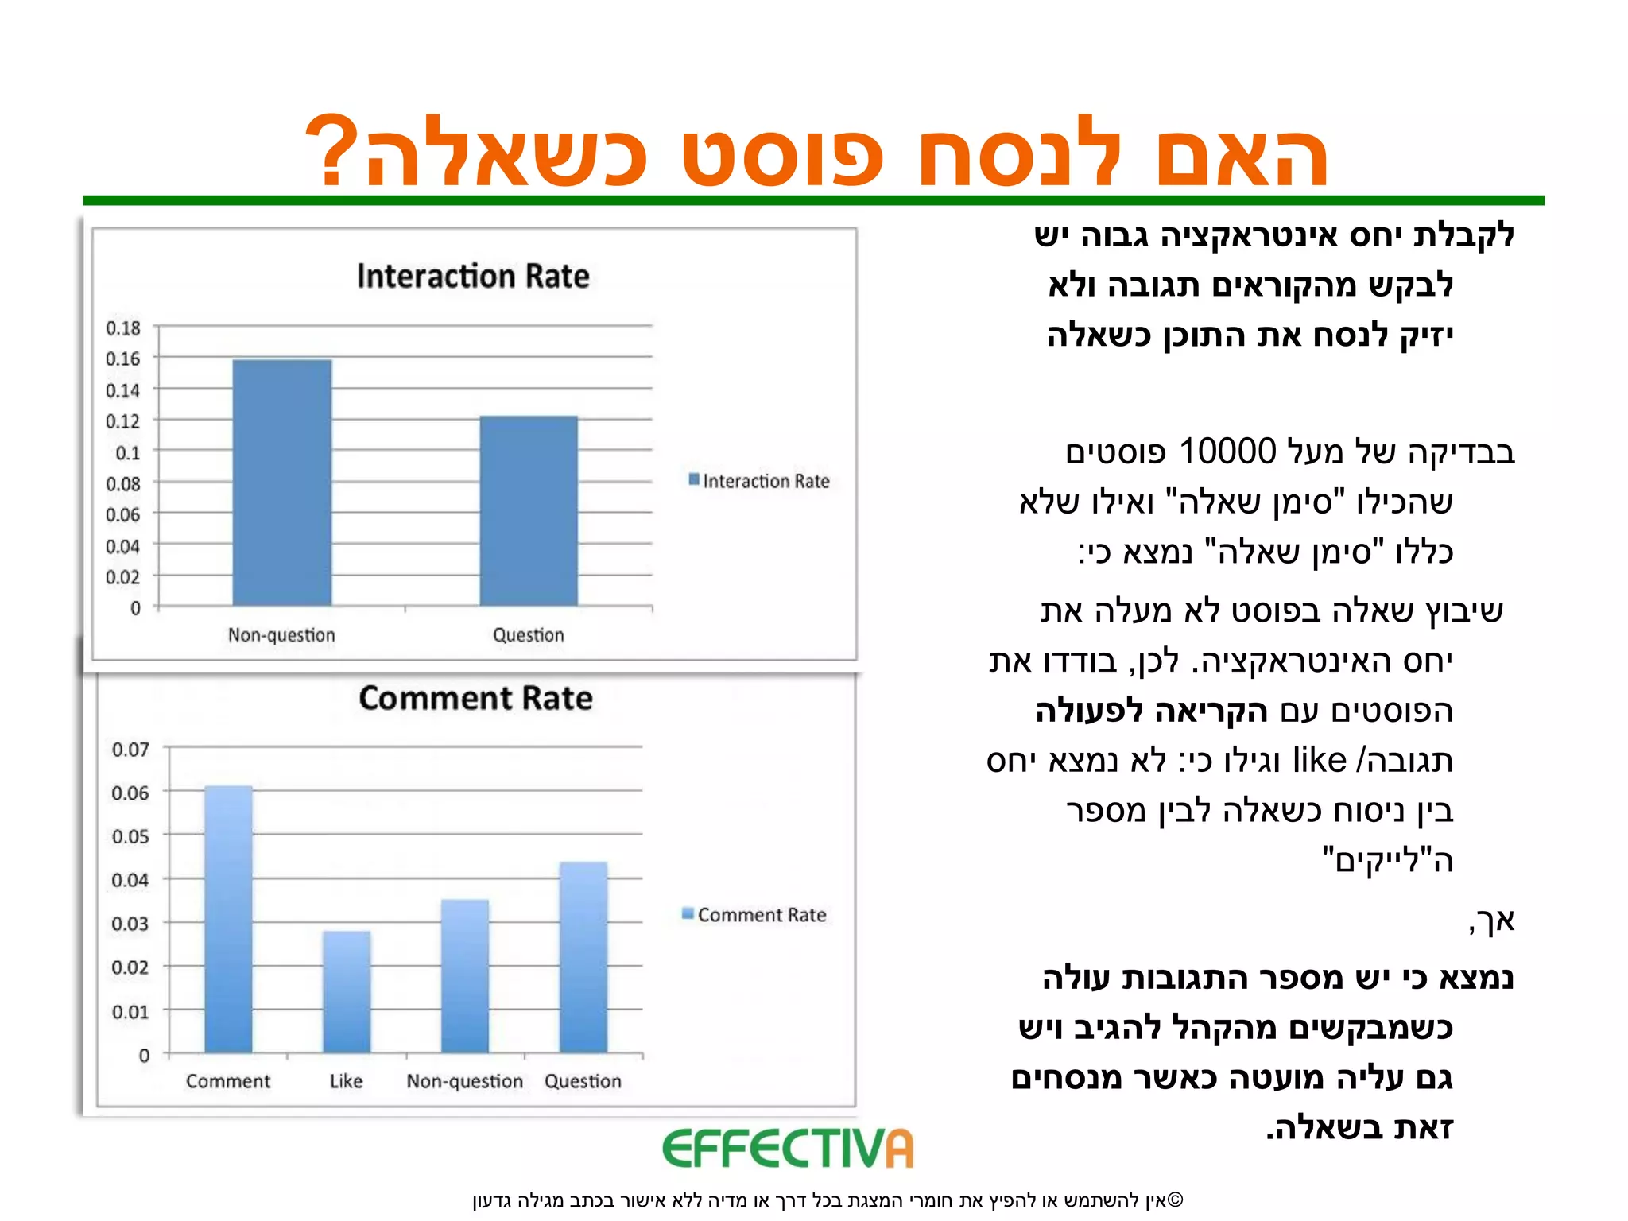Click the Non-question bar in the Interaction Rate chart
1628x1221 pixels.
pos(282,483)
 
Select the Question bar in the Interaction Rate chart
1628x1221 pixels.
pos(529,510)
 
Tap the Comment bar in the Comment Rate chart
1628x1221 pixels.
pos(229,919)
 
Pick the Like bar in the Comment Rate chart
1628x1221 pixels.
pos(347,991)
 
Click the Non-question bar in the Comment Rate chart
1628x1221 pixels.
pos(465,976)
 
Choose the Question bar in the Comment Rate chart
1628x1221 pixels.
pos(583,957)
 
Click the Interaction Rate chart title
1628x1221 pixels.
pos(473,276)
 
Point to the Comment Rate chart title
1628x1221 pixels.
pos(475,698)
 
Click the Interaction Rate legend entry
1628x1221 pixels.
pos(759,481)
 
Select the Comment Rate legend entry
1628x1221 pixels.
pos(754,915)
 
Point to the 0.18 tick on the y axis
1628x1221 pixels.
pos(123,328)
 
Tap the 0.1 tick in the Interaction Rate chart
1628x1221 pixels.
pos(127,452)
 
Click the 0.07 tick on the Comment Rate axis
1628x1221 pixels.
pos(130,750)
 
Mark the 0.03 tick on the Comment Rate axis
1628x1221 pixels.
pos(130,924)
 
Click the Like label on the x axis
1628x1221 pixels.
pos(347,1081)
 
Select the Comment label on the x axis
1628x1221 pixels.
pos(228,1081)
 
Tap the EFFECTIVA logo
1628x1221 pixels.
pos(788,1149)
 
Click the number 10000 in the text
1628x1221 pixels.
pos(1227,452)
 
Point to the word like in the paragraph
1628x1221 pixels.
pos(1320,760)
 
